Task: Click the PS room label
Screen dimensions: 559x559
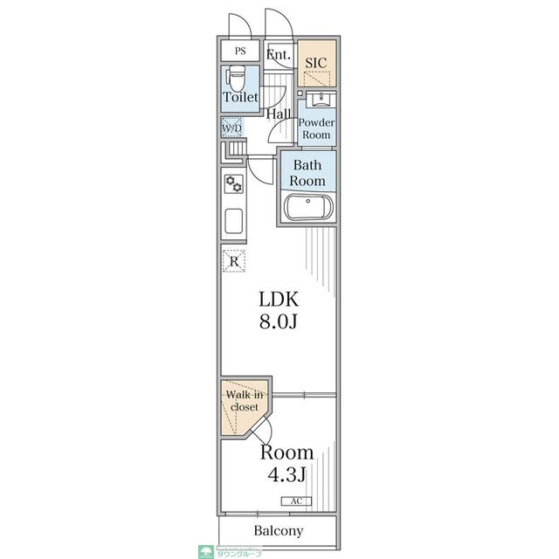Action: pyautogui.click(x=240, y=51)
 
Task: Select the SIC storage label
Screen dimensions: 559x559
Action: pyautogui.click(x=316, y=63)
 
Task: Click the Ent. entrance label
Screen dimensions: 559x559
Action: pyautogui.click(x=279, y=55)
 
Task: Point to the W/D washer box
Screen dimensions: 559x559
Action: pyautogui.click(x=232, y=128)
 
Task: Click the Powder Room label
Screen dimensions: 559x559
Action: pyautogui.click(x=316, y=128)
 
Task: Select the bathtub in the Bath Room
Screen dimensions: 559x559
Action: pyautogui.click(x=308, y=207)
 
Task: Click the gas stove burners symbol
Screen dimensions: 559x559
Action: pyautogui.click(x=234, y=184)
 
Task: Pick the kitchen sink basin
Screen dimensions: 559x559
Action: pyautogui.click(x=234, y=221)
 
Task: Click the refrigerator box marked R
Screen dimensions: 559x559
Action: pyautogui.click(x=234, y=261)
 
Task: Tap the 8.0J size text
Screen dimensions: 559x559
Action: pyautogui.click(x=278, y=322)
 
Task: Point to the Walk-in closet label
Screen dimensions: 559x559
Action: pyautogui.click(x=245, y=401)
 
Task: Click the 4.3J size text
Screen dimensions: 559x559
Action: pyautogui.click(x=286, y=474)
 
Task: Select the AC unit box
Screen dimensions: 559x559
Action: pyautogui.click(x=296, y=501)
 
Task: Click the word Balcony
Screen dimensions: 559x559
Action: pyautogui.click(x=279, y=531)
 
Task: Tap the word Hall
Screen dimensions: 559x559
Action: pyautogui.click(x=279, y=114)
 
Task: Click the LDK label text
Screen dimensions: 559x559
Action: pyautogui.click(x=279, y=299)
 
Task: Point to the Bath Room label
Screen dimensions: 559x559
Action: pyautogui.click(x=307, y=173)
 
